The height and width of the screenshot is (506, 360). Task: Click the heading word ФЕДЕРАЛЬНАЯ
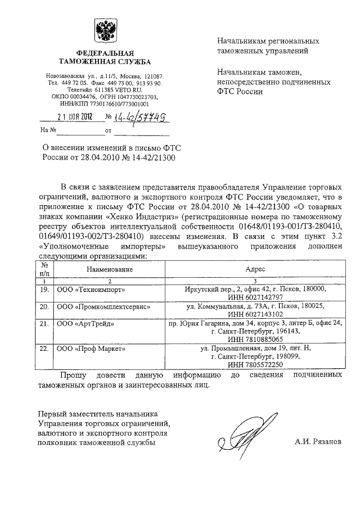pos(105,53)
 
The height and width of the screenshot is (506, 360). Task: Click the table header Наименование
pos(110,270)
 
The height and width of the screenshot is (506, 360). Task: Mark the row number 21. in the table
pos(43,324)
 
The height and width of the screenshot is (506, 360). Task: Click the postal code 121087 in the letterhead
pos(151,76)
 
